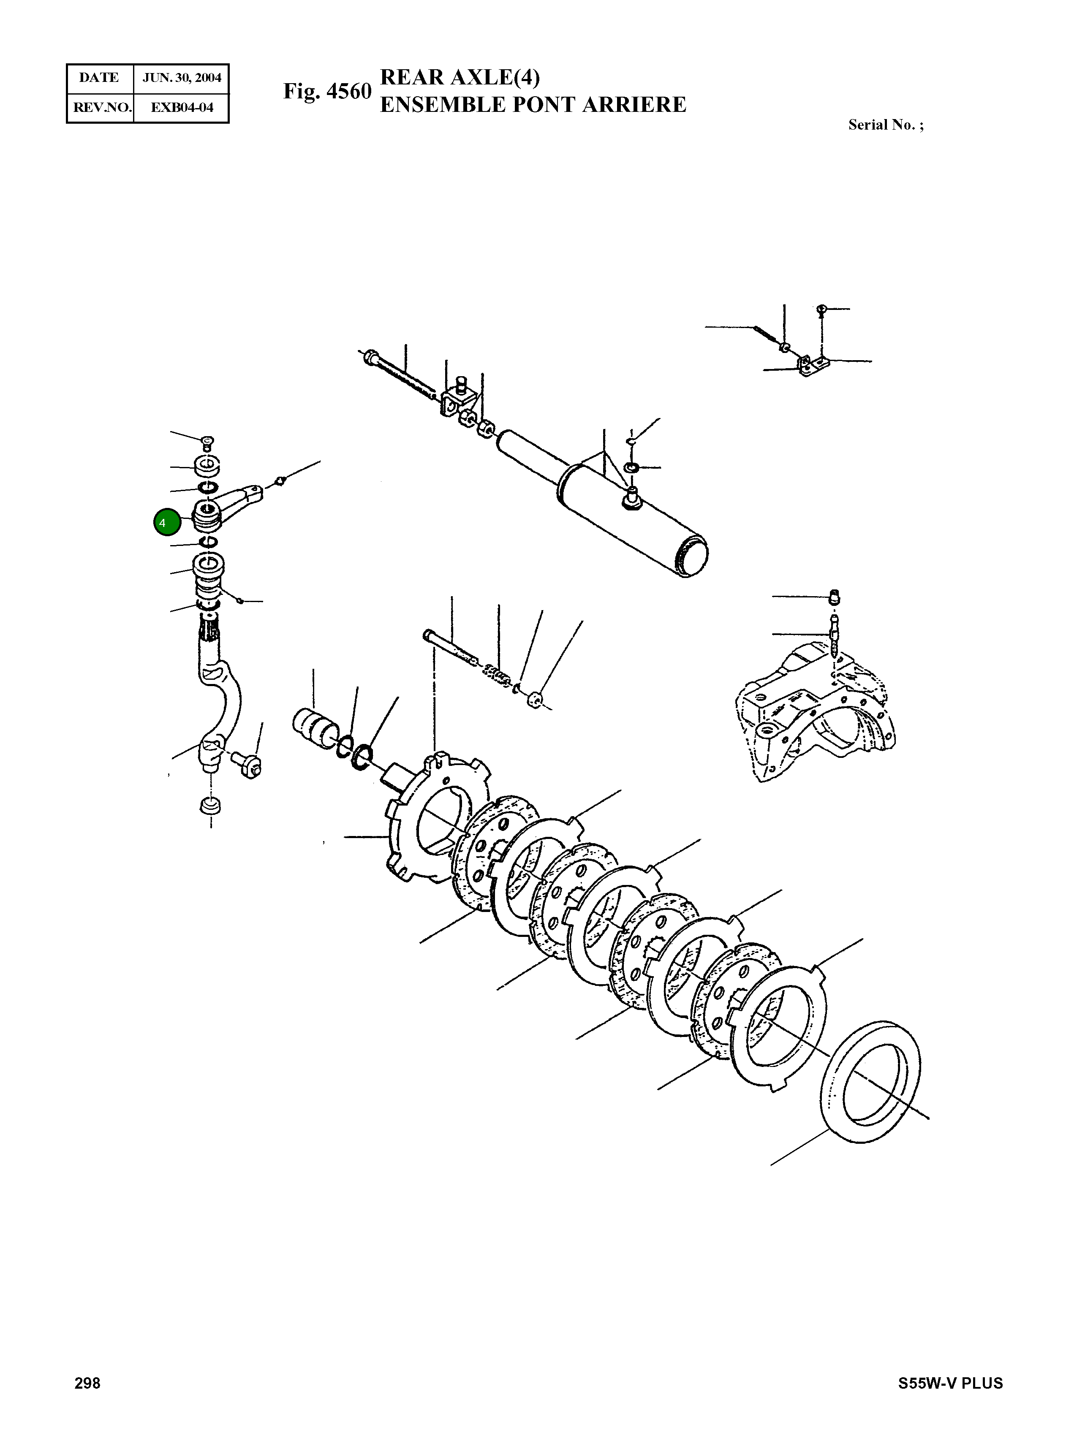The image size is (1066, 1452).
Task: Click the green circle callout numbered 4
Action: pos(166,522)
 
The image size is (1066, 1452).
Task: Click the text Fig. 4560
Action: pos(327,92)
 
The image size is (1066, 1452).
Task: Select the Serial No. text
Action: pos(885,125)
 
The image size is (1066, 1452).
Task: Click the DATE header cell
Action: pos(99,78)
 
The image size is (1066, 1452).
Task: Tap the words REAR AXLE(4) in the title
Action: pos(460,77)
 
